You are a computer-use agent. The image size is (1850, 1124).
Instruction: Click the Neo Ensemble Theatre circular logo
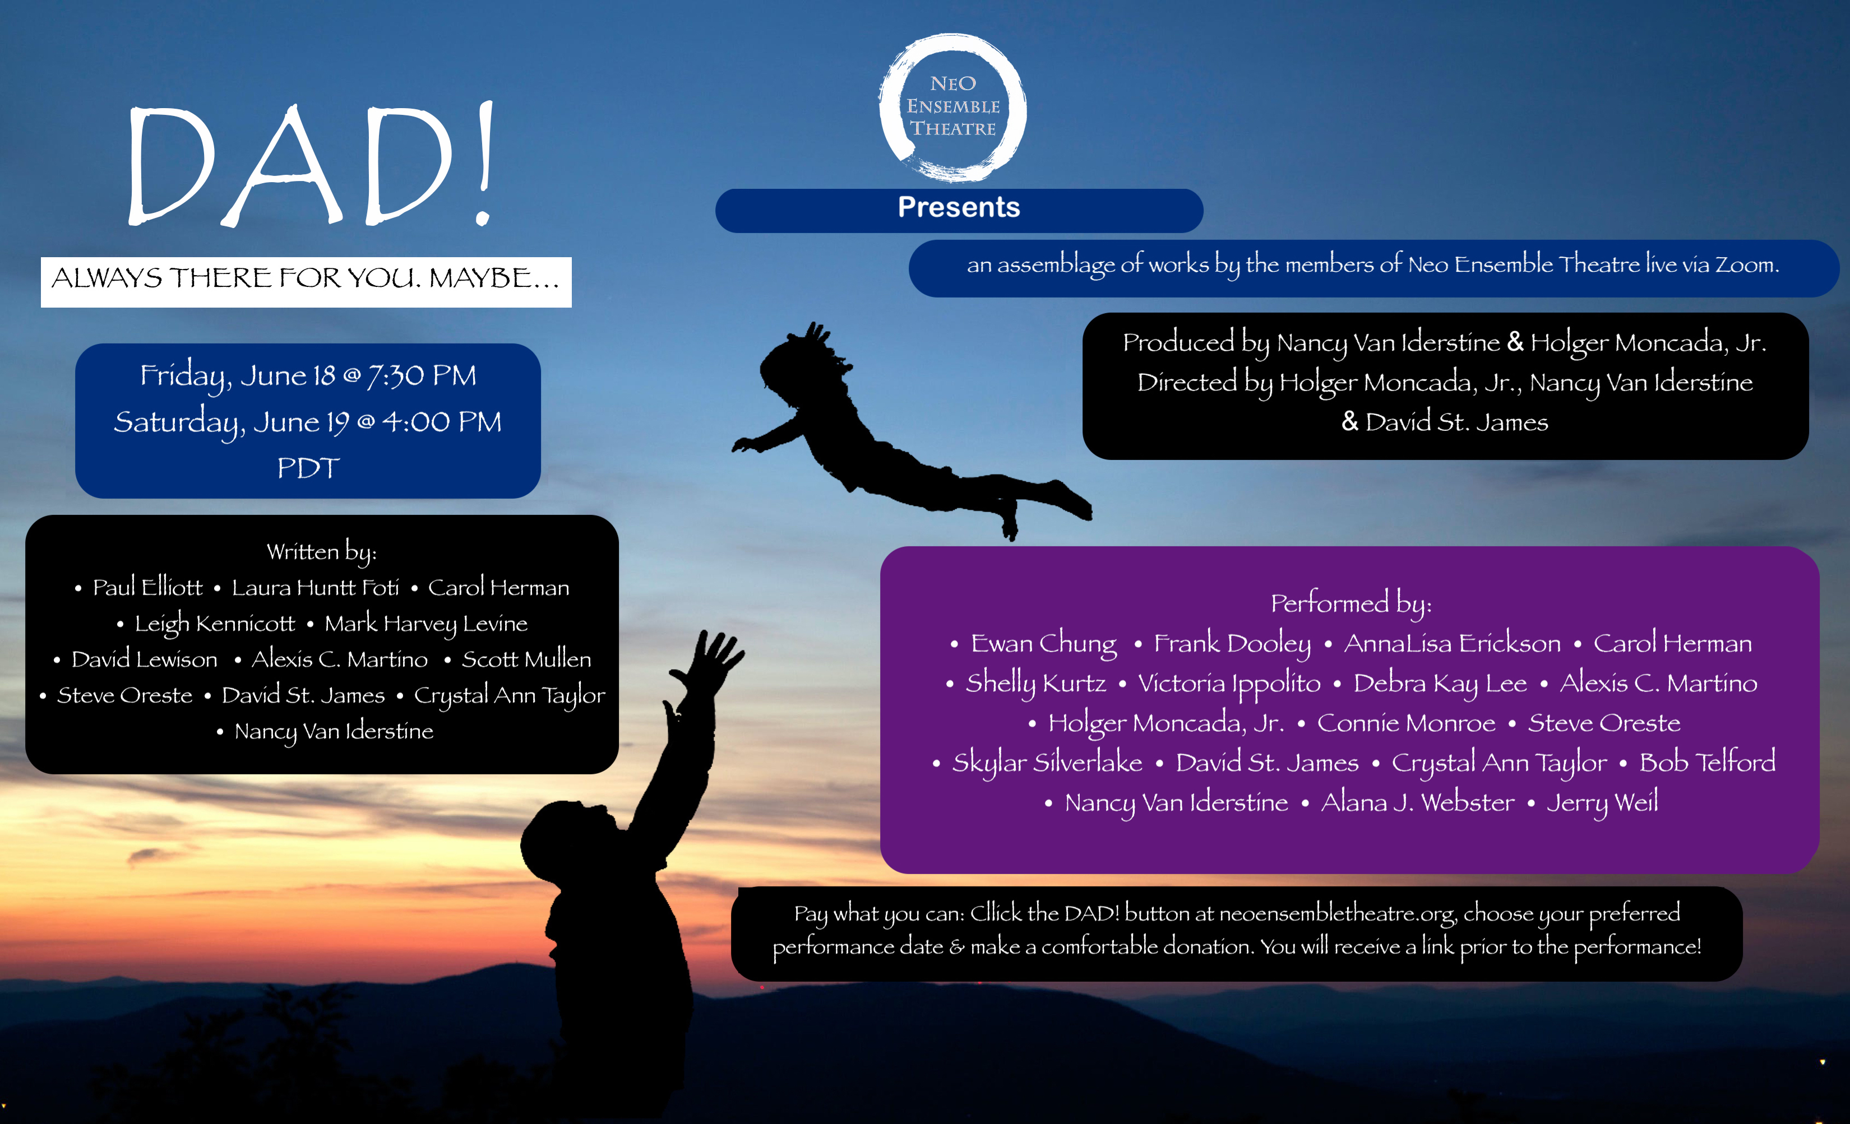(953, 107)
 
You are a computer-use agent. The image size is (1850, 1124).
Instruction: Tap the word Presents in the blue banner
(959, 207)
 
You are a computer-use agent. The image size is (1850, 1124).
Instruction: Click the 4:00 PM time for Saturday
(442, 422)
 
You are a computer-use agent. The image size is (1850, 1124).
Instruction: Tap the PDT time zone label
(308, 468)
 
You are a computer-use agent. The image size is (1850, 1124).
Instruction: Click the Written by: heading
(321, 552)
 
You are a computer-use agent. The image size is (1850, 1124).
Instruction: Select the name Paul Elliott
(147, 587)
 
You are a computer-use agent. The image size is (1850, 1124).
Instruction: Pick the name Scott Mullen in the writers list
(526, 659)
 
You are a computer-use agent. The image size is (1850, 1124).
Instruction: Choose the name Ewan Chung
(1044, 644)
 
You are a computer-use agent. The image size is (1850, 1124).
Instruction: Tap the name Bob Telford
(1708, 763)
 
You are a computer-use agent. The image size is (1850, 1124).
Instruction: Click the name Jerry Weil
(1602, 803)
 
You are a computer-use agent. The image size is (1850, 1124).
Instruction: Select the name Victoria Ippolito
(1229, 684)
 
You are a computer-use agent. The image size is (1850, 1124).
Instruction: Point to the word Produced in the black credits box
(1178, 342)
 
